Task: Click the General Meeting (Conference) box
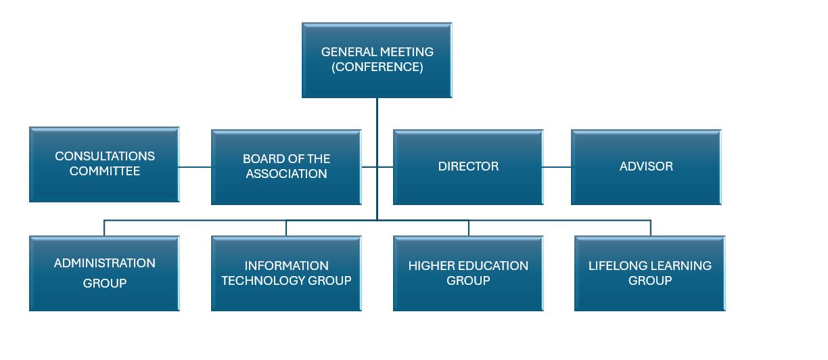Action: (377, 60)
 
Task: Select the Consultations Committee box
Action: (104, 164)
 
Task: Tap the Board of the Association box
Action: (286, 166)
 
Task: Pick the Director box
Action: (468, 166)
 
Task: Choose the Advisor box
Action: (646, 166)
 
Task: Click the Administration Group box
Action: (104, 273)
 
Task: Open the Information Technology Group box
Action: (286, 273)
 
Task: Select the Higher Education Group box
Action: (468, 273)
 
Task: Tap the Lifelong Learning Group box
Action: (649, 273)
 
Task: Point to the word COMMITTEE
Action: (105, 172)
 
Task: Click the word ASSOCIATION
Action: (286, 174)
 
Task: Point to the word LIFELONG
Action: (614, 266)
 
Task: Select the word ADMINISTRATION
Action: (105, 263)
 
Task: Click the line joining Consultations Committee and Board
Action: (195, 166)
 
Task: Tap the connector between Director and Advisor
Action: (557, 166)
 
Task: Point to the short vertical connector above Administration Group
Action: (104, 228)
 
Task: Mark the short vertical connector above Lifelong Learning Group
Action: (650, 228)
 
